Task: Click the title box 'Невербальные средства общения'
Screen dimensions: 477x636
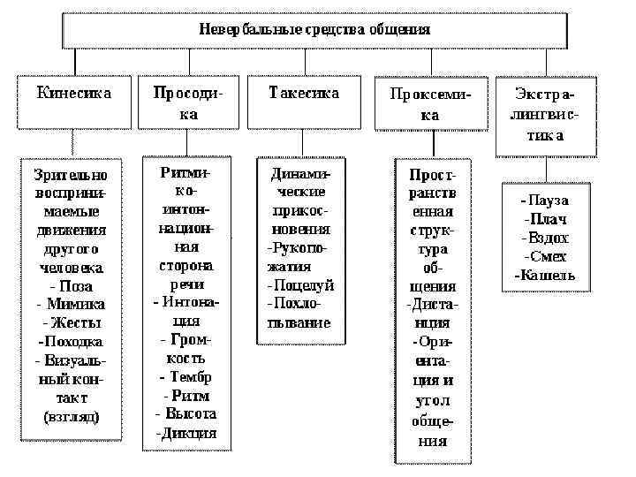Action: [314, 29]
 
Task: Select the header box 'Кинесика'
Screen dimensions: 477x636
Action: [73, 93]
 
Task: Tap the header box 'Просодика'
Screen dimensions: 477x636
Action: [187, 102]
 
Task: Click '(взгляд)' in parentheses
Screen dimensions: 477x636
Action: [72, 415]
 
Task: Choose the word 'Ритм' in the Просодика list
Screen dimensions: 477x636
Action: [190, 395]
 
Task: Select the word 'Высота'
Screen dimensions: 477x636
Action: [190, 413]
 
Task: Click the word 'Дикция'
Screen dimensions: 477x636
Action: [189, 433]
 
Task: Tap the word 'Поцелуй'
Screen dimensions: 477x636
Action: [304, 284]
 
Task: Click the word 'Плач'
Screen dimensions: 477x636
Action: [548, 219]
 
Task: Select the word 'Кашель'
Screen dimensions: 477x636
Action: [547, 275]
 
